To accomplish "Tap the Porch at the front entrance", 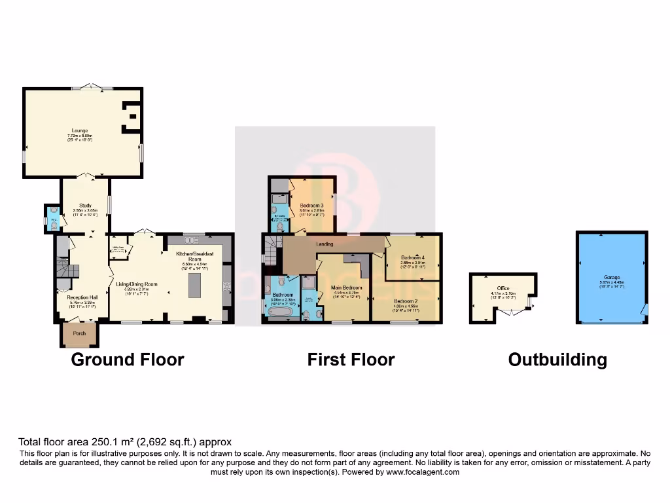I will [79, 333].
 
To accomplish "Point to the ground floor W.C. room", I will [52, 219].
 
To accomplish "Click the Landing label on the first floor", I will [325, 244].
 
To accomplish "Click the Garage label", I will [612, 278].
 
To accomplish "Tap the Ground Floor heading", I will [127, 360].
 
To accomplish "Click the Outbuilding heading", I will [557, 360].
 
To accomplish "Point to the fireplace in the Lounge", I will [132, 115].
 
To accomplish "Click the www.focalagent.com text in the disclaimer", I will [423, 472].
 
